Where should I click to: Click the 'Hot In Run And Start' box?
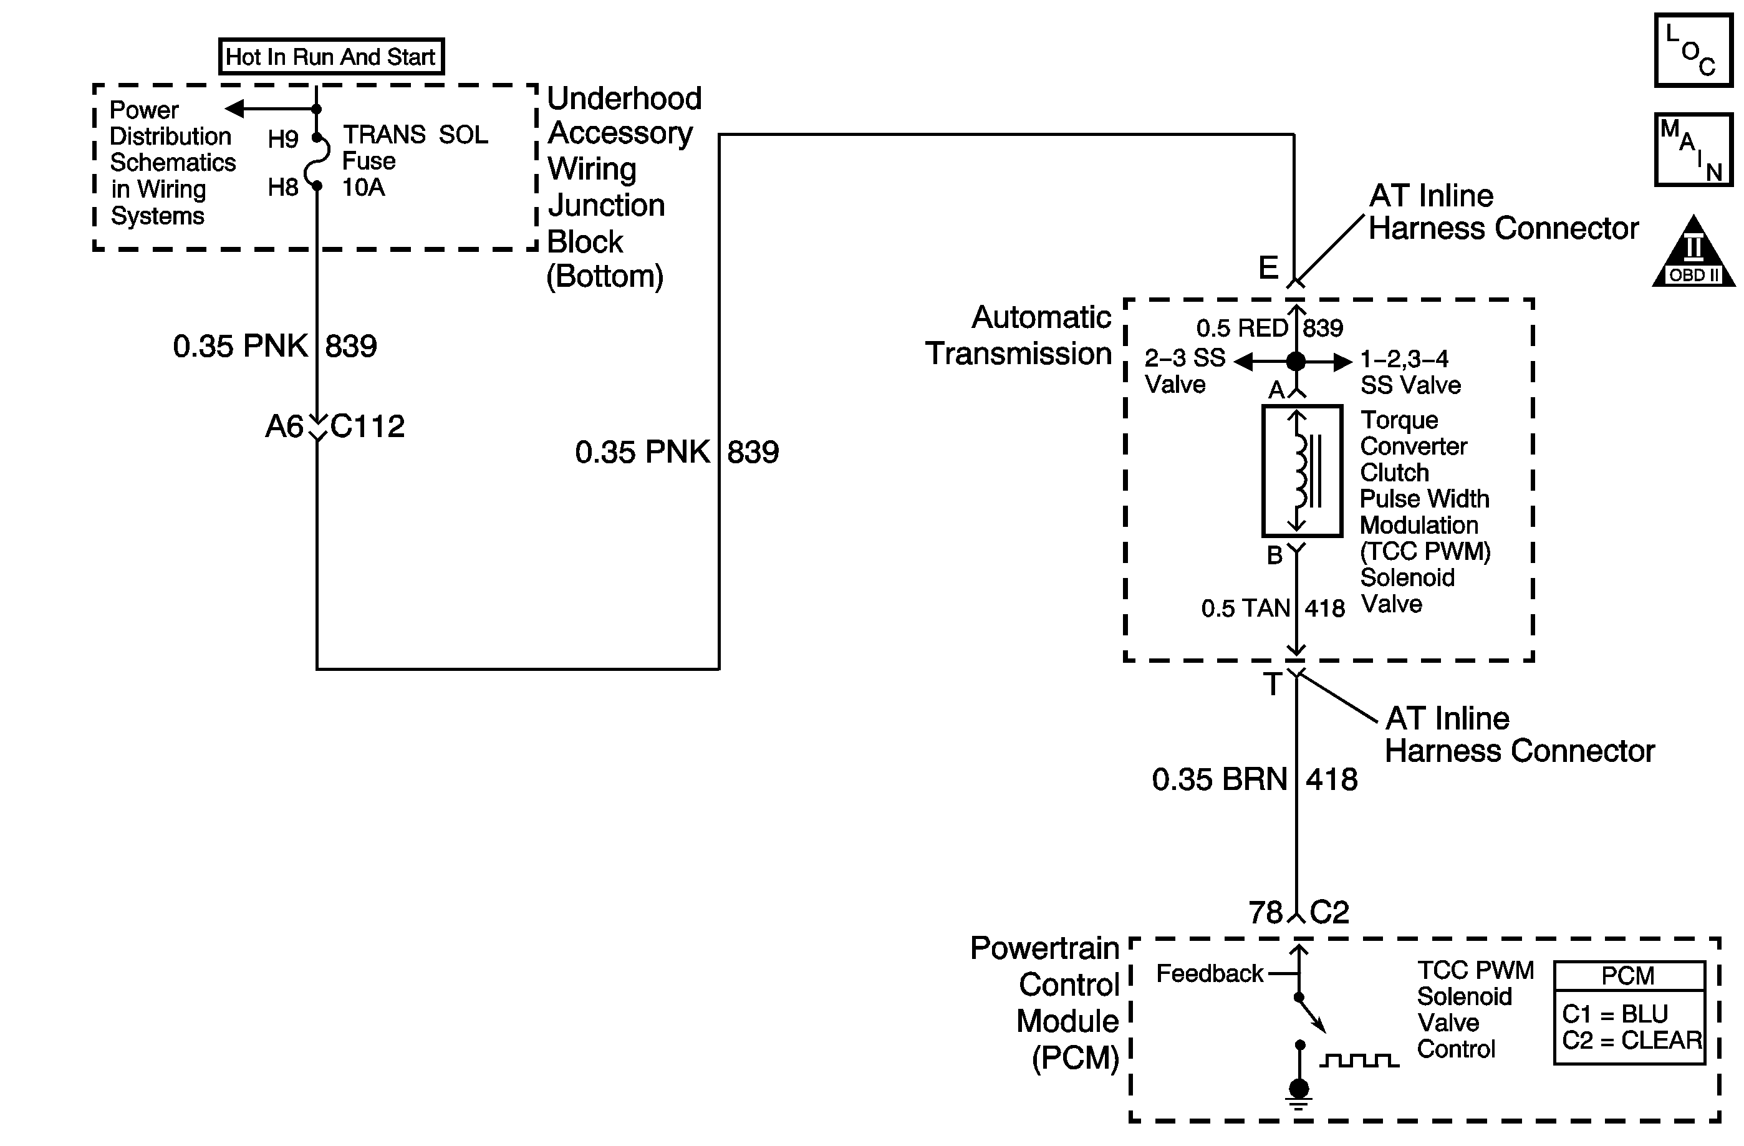(331, 56)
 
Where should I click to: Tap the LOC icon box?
(1693, 51)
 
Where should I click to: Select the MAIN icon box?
(1693, 150)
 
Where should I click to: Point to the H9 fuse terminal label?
(283, 138)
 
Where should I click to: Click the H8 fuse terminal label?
(283, 188)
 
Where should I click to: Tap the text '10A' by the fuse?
(364, 188)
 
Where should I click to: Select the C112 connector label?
(367, 426)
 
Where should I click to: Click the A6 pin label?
(284, 426)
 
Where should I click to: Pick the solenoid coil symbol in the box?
(1301, 470)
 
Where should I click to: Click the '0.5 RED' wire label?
(1242, 327)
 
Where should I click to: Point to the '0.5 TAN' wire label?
(1246, 608)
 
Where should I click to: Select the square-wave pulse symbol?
(1359, 1061)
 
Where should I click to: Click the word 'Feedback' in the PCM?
(1210, 973)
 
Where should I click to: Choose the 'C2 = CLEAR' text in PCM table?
(1632, 1040)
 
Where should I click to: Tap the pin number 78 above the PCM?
(1266, 912)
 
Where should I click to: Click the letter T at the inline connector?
(1272, 685)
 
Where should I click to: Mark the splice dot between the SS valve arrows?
(1296, 360)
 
